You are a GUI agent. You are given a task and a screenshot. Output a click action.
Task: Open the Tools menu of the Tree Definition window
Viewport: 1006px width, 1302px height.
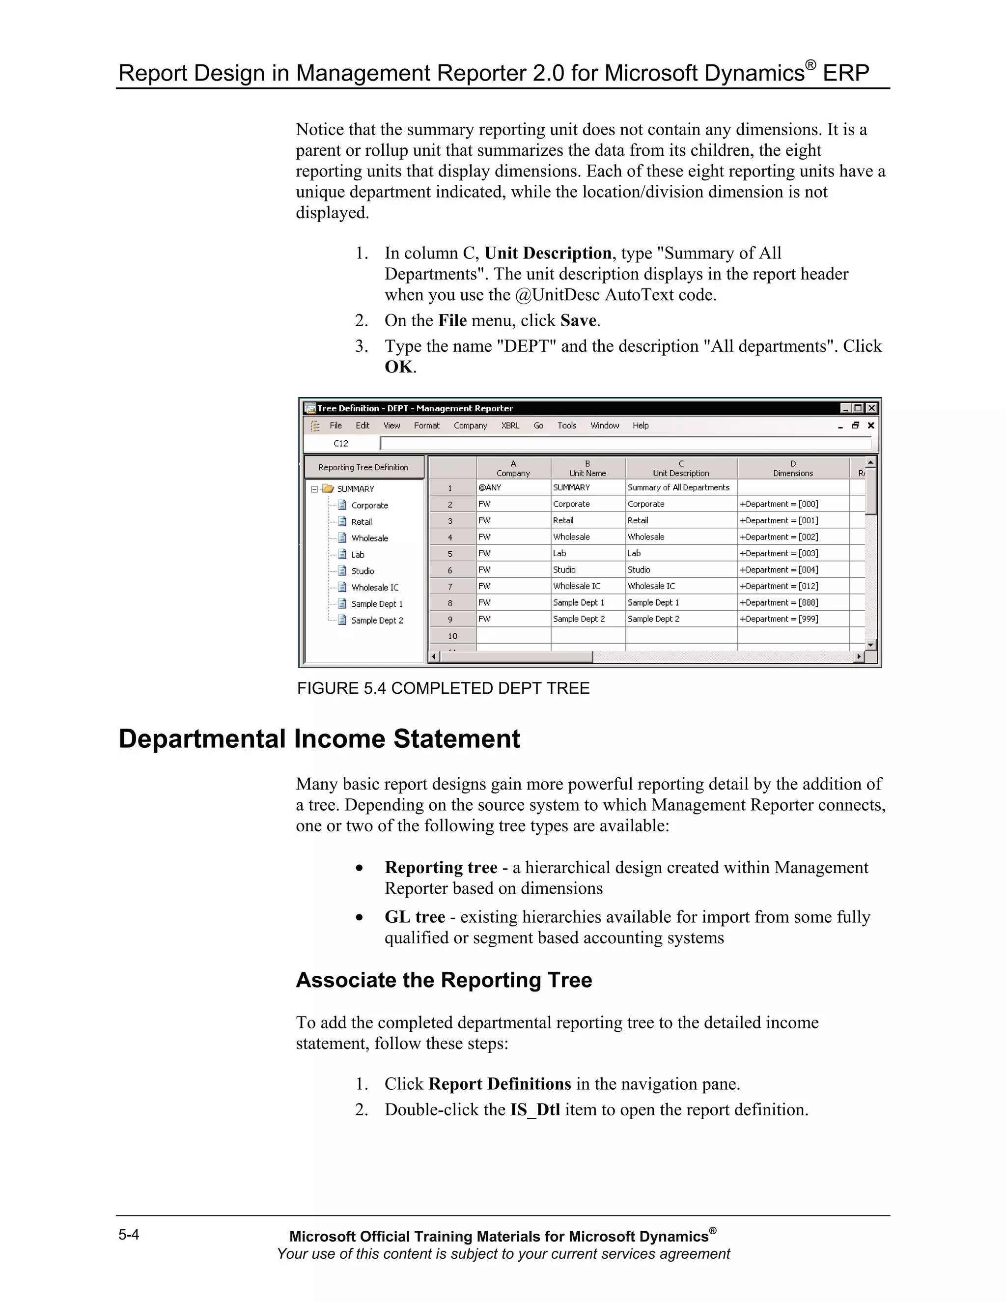click(x=566, y=425)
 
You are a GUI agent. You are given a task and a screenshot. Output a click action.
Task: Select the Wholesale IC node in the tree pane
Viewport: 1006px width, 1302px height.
click(x=374, y=588)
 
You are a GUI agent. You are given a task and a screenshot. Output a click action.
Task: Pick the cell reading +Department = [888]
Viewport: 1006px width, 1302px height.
click(x=779, y=603)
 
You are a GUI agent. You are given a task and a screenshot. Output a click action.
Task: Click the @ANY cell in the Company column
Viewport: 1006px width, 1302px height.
click(x=490, y=488)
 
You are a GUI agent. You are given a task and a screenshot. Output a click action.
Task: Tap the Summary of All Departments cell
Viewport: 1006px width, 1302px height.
click(x=678, y=488)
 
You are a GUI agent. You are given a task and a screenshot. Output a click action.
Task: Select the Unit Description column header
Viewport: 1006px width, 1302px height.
click(x=681, y=469)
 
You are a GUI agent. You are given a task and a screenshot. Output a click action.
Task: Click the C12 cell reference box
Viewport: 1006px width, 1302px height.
click(x=341, y=444)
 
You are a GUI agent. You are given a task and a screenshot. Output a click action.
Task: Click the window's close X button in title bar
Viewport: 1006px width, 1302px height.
click(x=871, y=408)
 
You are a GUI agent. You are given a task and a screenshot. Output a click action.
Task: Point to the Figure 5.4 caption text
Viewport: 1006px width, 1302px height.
click(x=443, y=688)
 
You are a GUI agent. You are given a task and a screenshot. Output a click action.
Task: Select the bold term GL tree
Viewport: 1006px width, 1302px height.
click(x=415, y=917)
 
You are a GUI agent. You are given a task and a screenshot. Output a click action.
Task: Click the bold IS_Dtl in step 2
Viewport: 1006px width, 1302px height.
click(x=534, y=1109)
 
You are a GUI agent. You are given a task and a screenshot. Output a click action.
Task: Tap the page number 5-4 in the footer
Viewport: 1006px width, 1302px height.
click(x=129, y=1235)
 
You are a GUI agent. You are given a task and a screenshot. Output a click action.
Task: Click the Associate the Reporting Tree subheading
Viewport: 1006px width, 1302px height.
click(x=444, y=980)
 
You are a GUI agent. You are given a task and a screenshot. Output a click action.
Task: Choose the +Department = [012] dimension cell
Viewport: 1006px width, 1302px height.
click(x=779, y=587)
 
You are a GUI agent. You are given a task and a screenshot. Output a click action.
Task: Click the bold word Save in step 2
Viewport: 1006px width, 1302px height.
click(x=578, y=321)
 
